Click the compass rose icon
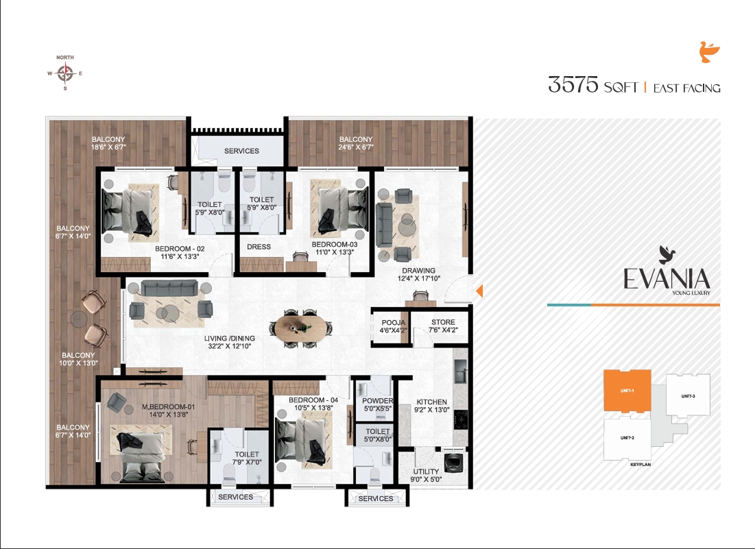pyautogui.click(x=65, y=73)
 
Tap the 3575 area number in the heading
pyautogui.click(x=573, y=85)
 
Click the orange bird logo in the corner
pyautogui.click(x=709, y=53)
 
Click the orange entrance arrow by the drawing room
pyautogui.click(x=479, y=291)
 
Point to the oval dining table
pyautogui.click(x=302, y=328)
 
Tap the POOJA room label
pyautogui.click(x=393, y=322)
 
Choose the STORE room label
pyautogui.click(x=443, y=322)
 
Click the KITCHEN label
pyautogui.click(x=432, y=402)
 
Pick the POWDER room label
pyautogui.click(x=377, y=401)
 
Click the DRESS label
pyautogui.click(x=259, y=247)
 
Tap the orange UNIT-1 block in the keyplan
pyautogui.click(x=626, y=390)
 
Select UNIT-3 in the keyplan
pyautogui.click(x=688, y=396)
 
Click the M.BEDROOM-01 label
pyautogui.click(x=169, y=407)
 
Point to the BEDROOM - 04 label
pyautogui.click(x=313, y=400)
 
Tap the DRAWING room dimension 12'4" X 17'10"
pyautogui.click(x=419, y=278)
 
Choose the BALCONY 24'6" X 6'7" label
pyautogui.click(x=356, y=143)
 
